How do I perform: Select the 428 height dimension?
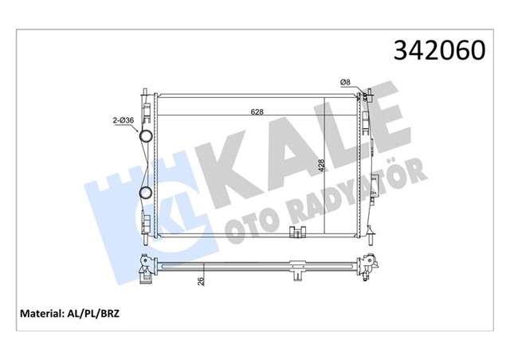click(x=320, y=166)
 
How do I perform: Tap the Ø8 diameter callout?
click(x=346, y=82)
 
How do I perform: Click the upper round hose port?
click(x=145, y=135)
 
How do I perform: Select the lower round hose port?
click(x=145, y=192)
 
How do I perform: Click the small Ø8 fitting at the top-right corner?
click(x=365, y=96)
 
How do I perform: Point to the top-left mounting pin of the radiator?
click(x=147, y=90)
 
